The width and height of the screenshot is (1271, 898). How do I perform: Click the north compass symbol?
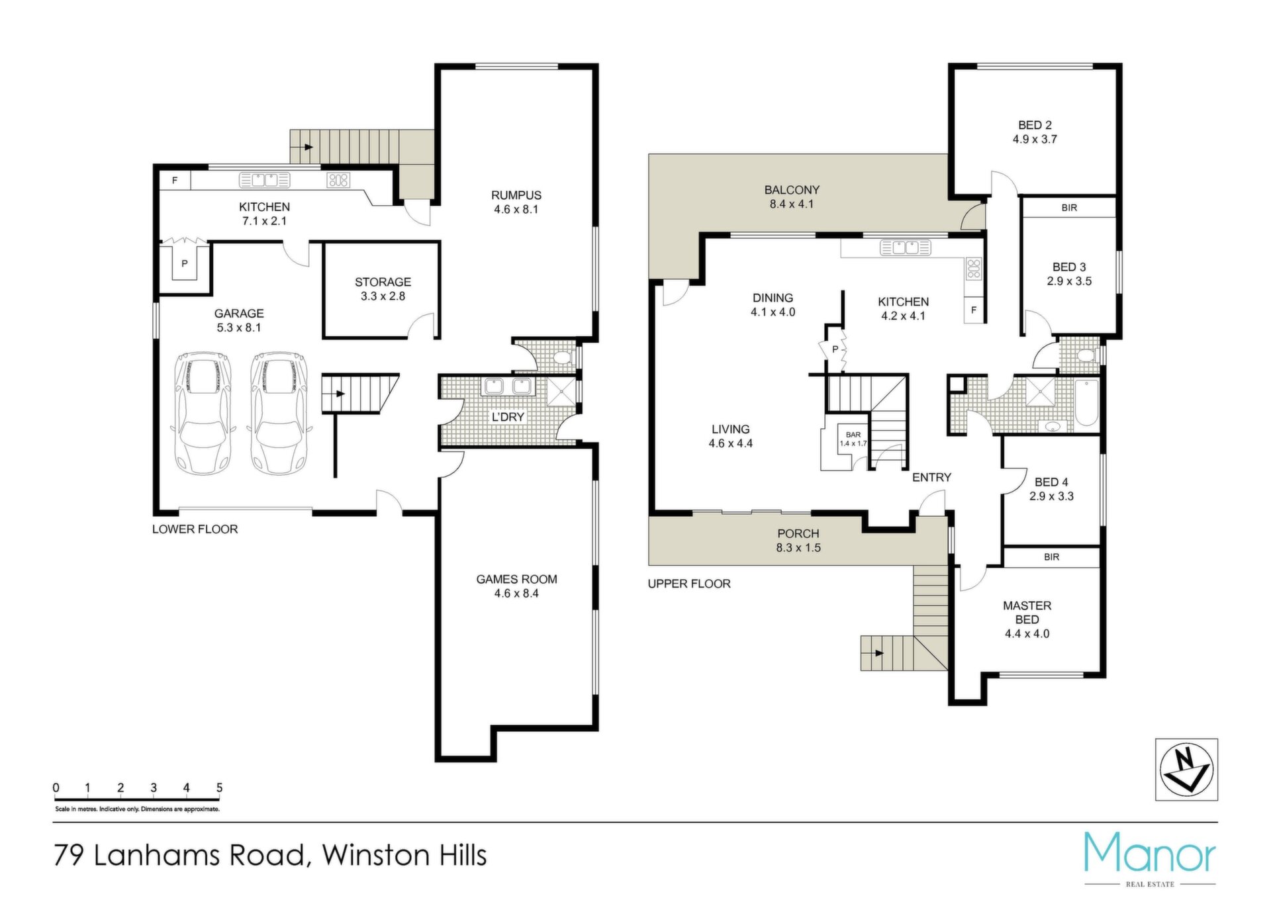click(x=1186, y=770)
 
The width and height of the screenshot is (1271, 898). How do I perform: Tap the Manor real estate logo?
click(x=1150, y=859)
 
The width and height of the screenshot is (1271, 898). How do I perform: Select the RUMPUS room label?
click(x=516, y=195)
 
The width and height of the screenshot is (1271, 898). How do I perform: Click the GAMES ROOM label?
click(x=516, y=579)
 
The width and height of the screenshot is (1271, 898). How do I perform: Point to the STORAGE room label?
click(x=383, y=282)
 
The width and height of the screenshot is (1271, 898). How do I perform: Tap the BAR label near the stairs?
click(x=853, y=435)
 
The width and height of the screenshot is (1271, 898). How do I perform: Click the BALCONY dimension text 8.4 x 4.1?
click(x=792, y=204)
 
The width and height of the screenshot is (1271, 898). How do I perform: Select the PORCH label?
click(x=798, y=533)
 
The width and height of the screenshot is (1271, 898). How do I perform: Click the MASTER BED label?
click(x=1027, y=612)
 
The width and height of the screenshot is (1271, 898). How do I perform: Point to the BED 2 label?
click(x=1035, y=125)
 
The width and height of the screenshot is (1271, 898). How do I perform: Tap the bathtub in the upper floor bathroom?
click(x=1087, y=403)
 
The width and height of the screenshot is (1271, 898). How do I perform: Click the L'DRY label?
click(x=508, y=417)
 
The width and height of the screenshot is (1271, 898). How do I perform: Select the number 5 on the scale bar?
click(x=219, y=787)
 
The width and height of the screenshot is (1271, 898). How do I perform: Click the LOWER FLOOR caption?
click(x=195, y=529)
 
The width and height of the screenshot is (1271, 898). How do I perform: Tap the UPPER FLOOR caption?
click(x=689, y=584)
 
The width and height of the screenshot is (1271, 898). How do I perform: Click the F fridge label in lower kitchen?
click(x=175, y=180)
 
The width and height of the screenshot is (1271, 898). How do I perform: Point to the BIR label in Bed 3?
click(x=1069, y=208)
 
